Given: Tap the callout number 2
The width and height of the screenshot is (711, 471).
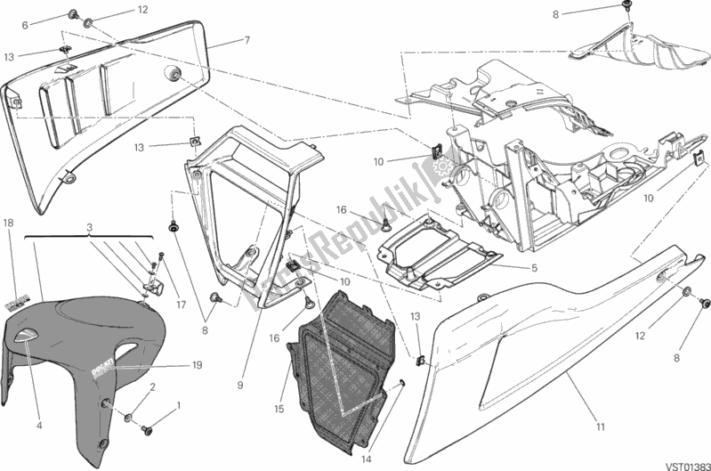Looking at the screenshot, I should [x=153, y=387].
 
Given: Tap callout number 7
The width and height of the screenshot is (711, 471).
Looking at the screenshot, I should [x=246, y=40].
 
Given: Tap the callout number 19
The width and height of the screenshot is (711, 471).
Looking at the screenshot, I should [x=196, y=364].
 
